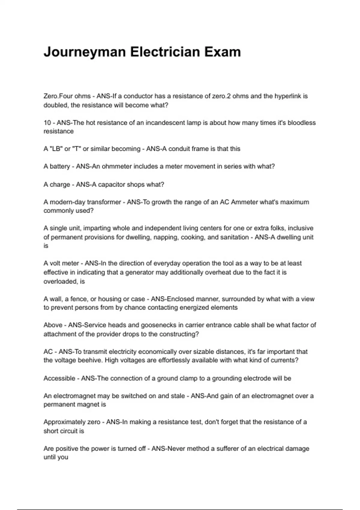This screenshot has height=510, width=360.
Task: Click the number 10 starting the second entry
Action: coord(47,123)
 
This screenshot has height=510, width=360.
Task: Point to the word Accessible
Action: coord(59,378)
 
